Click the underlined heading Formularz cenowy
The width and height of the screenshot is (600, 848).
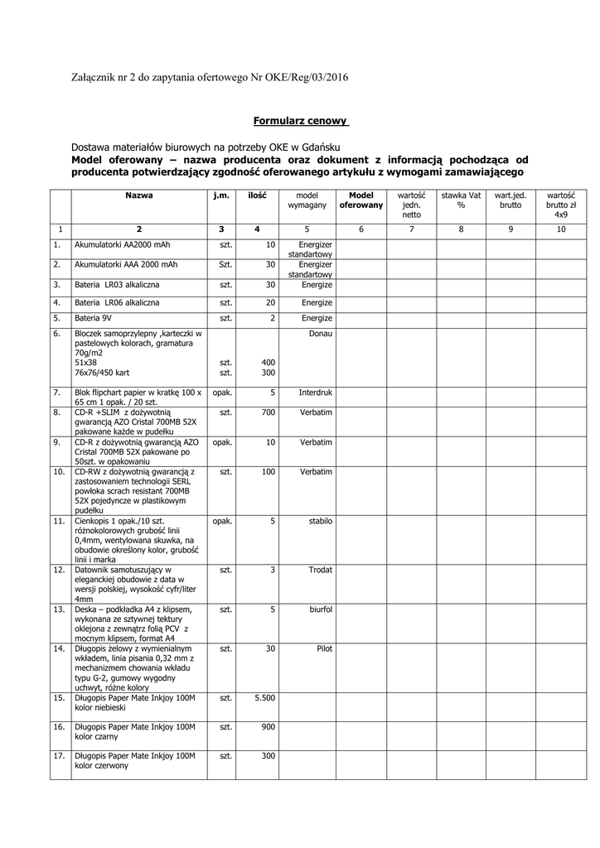pos(300,120)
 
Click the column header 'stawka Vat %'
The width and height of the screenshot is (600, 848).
pos(461,200)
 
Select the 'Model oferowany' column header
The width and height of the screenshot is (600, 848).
pos(360,200)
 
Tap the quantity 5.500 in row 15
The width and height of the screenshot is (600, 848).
pos(264,698)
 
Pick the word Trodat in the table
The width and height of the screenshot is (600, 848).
pos(320,570)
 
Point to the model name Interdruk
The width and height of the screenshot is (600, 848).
pos(315,392)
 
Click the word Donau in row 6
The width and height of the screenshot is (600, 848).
pos(320,333)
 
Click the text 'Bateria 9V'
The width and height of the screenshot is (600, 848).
pos(94,317)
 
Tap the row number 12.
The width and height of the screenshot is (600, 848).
pos(59,570)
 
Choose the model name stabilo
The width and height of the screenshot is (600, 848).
pos(320,521)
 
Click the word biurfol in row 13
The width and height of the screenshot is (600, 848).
pos(320,609)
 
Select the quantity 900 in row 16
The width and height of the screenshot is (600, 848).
pos(268,726)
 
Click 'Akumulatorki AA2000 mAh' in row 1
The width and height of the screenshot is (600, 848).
pos(123,246)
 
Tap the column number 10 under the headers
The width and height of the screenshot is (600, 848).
pos(561,229)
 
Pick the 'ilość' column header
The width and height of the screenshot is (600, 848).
pos(257,195)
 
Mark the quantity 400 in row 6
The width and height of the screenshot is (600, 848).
pos(268,362)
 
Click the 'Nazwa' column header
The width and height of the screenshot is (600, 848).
pos(139,195)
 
